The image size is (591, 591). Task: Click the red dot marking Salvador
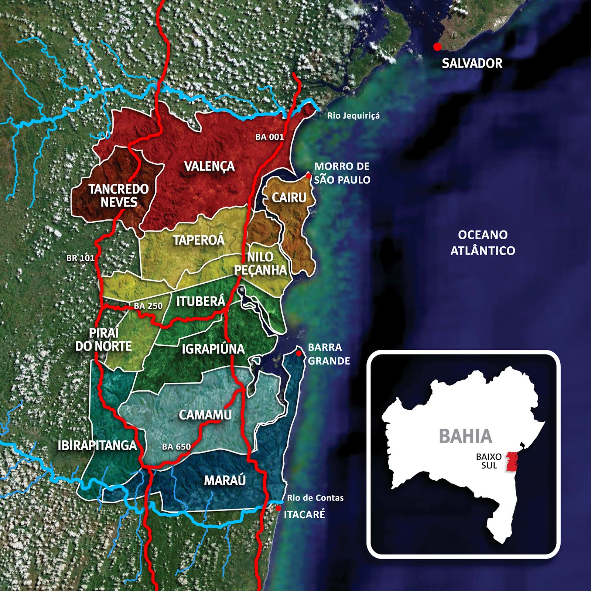[437, 47]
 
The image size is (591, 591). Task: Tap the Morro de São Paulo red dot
[308, 176]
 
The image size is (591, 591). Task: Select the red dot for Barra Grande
[299, 353]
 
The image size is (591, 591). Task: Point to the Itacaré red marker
[278, 508]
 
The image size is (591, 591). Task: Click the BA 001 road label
[269, 137]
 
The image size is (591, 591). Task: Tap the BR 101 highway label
[80, 258]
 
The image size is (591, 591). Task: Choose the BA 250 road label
[148, 306]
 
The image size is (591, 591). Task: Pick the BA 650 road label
[176, 447]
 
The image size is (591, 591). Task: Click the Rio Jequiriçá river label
[353, 116]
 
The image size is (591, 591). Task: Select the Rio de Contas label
[315, 498]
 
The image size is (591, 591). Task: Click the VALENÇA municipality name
[209, 166]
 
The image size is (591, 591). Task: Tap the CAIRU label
[289, 198]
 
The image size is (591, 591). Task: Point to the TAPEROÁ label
[199, 240]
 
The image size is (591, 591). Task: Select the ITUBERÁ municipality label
[200, 301]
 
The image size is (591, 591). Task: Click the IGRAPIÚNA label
[213, 349]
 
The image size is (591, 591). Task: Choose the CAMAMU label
[205, 415]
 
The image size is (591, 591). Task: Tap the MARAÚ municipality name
[225, 481]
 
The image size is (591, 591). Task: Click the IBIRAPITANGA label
[97, 445]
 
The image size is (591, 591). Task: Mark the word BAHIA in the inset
[465, 436]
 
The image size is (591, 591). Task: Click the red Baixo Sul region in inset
[512, 461]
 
